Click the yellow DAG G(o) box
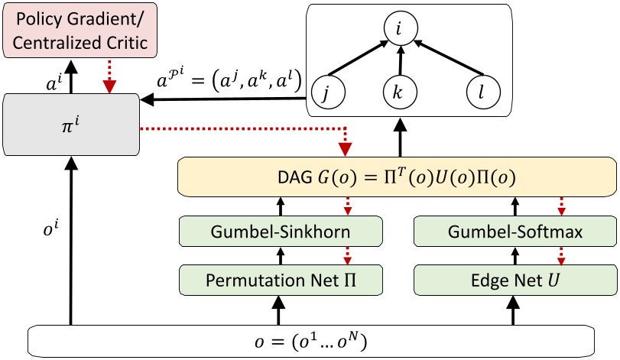[397, 178]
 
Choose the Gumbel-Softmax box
[515, 231]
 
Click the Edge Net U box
[515, 280]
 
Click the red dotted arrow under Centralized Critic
[112, 76]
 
